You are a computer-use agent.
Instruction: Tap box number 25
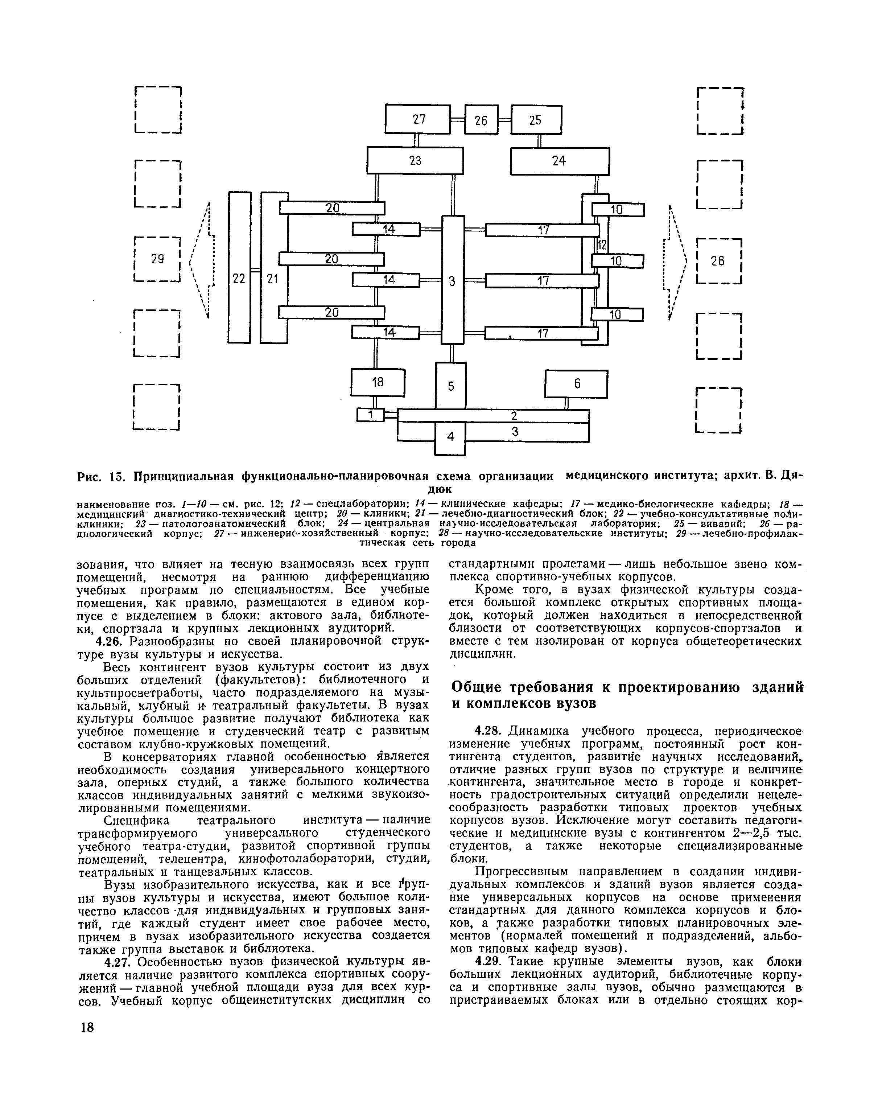[x=536, y=120]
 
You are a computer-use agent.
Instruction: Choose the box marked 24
[x=559, y=161]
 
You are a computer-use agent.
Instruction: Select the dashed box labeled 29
[x=157, y=259]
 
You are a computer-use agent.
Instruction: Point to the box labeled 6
[x=576, y=383]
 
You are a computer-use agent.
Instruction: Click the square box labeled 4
[x=450, y=437]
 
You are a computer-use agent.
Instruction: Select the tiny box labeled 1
[x=370, y=414]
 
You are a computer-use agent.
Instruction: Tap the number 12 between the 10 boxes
[x=602, y=245]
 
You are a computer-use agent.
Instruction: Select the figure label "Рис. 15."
[x=102, y=477]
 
